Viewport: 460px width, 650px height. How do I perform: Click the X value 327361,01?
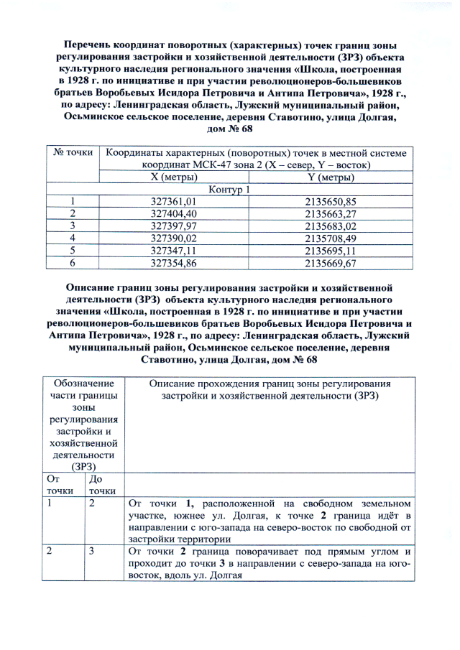click(173, 202)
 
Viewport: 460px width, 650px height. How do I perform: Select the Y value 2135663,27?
click(331, 214)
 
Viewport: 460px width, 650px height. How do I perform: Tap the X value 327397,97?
click(173, 226)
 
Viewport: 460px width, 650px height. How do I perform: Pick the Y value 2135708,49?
click(331, 238)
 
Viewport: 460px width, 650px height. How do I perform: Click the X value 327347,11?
click(173, 251)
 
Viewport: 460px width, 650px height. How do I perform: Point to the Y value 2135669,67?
click(331, 263)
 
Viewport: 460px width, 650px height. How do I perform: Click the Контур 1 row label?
click(229, 190)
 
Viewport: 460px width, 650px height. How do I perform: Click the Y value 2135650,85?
click(331, 202)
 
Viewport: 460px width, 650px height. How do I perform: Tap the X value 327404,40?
click(173, 214)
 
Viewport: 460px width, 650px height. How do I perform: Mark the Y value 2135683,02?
click(331, 226)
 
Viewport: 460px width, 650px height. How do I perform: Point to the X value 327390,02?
click(173, 238)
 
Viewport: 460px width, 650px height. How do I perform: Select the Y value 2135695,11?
click(331, 251)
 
